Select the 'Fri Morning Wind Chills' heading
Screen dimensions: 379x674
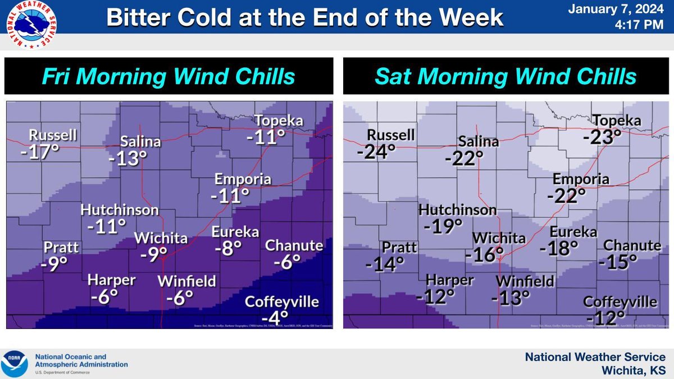169,77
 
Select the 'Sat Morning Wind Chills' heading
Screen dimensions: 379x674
506,77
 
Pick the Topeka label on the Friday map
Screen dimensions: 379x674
279,121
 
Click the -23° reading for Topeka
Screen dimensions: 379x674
602,136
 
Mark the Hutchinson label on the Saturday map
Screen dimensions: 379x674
458,210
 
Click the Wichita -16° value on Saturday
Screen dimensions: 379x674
485,254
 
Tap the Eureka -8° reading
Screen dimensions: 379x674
227,248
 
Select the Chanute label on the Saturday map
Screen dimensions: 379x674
632,245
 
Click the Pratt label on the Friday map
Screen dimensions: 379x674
62,248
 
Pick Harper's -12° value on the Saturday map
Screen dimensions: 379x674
435,296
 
